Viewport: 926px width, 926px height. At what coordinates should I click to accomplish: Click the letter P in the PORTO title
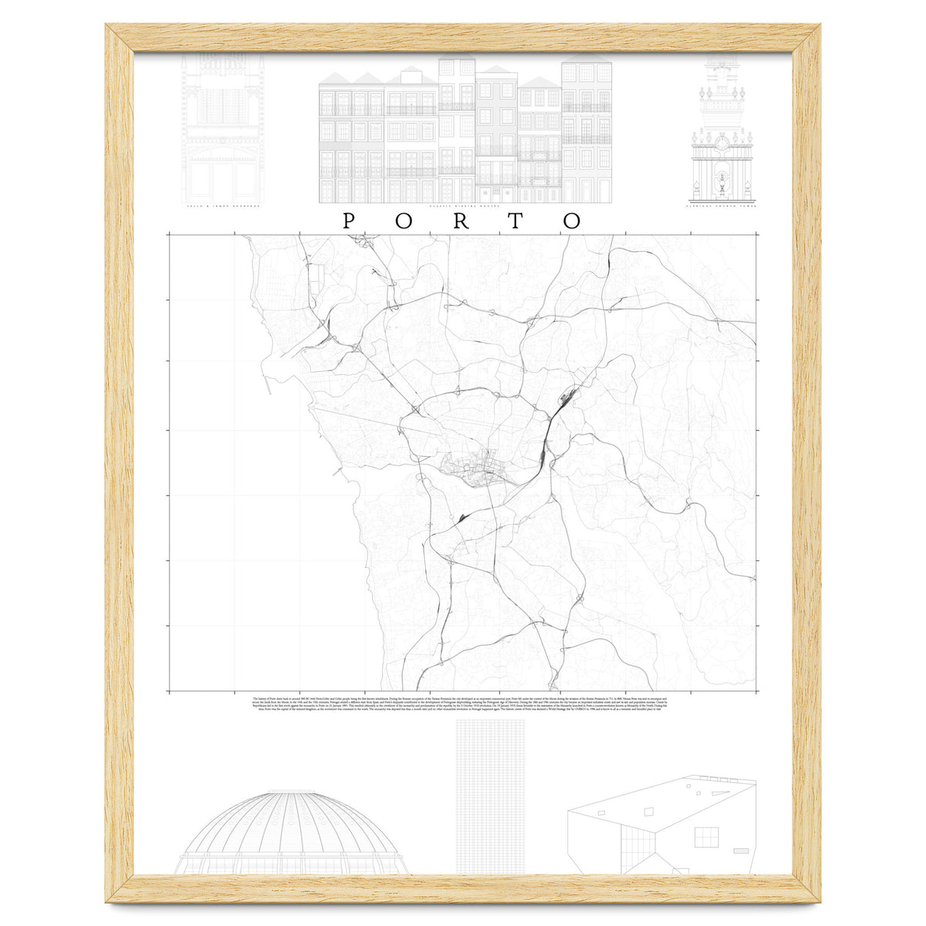(x=349, y=221)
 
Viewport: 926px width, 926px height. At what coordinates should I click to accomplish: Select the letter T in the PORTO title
(x=516, y=221)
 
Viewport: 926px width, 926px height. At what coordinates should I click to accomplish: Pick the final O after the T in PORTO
(x=572, y=221)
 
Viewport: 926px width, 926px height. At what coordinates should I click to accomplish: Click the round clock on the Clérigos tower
(x=721, y=143)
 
